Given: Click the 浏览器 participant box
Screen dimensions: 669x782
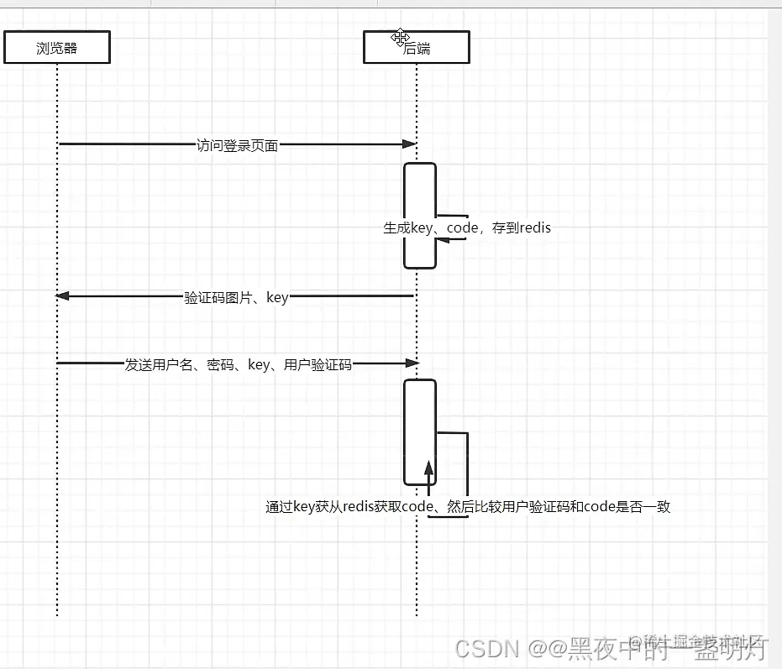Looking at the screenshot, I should tap(57, 48).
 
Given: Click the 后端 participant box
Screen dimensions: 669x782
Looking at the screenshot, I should tap(416, 48).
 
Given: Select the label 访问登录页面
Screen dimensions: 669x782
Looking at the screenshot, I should tap(237, 144).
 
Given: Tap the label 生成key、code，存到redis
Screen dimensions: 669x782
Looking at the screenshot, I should tap(467, 227).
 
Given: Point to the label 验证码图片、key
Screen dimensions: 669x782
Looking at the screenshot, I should tap(236, 296).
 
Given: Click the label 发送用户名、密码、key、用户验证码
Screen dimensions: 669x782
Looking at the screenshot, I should tap(238, 364).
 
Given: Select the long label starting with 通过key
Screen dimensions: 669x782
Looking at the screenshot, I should tap(468, 506).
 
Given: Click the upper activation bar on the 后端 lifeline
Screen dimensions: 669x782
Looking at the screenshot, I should tap(420, 193).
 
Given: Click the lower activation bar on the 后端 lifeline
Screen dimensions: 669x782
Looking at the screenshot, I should tap(420, 411).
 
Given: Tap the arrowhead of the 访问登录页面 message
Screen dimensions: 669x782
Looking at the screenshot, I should tap(412, 144).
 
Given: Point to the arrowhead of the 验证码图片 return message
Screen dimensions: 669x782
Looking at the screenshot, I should tap(62, 295).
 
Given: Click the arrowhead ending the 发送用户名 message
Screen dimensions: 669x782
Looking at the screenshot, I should tap(412, 363).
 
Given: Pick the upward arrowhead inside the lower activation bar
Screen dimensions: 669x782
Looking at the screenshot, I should tap(428, 468).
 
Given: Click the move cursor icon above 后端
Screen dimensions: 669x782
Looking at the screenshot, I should tap(400, 37).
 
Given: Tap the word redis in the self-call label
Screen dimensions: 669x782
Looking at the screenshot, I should tap(534, 227).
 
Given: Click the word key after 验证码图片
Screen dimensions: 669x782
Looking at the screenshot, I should tap(277, 296).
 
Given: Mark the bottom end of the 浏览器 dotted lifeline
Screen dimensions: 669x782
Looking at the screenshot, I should tap(57, 614).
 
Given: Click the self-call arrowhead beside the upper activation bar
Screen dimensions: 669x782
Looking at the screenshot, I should tap(442, 240).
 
